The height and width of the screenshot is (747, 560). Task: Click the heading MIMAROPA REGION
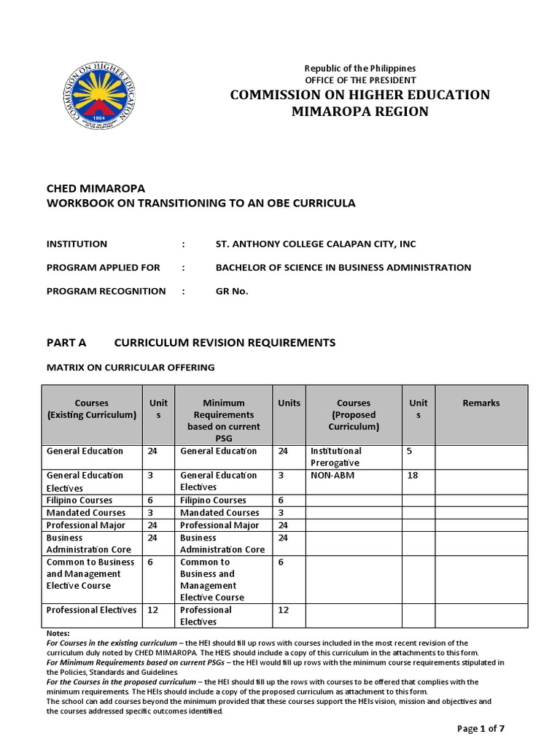pos(360,112)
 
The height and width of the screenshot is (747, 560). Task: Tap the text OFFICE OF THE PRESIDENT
pos(360,80)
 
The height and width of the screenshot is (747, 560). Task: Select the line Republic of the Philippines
pos(360,68)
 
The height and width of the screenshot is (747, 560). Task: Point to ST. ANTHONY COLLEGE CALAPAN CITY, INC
pos(316,244)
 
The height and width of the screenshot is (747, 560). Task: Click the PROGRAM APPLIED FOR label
pos(103,268)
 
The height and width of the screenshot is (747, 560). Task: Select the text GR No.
pos(232,291)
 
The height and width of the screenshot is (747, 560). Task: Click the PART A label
pos(66,342)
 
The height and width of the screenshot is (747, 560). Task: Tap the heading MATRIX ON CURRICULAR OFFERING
pos(131,367)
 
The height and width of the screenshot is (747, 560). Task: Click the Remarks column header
pos(481,403)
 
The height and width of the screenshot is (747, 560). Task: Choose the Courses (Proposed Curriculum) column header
pos(354,414)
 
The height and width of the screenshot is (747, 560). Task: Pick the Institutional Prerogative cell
pos(336,457)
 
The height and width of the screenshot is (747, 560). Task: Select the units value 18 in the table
pos(412,476)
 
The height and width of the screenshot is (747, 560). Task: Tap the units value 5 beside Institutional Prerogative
pos(409,451)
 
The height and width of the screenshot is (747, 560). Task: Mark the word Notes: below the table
pos(58,633)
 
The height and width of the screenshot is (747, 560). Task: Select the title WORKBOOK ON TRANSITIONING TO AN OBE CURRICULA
pos(201,204)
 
